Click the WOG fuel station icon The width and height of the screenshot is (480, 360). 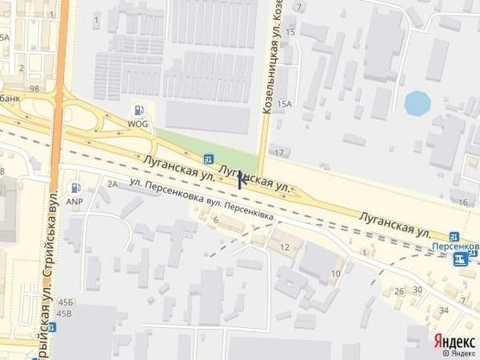pos(138,110)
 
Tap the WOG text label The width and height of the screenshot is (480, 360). pos(138,124)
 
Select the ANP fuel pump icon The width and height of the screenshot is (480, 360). pos(76,187)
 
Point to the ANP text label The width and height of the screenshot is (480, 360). pos(74,202)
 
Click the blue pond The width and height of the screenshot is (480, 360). pos(417,104)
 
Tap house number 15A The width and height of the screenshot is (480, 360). pos(284,104)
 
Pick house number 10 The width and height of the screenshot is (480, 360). pos(335,274)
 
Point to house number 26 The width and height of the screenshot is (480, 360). pos(399,291)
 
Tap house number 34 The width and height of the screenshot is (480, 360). pos(444,310)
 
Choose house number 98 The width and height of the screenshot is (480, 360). pos(34,89)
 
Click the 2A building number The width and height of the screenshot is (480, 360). pos(112,184)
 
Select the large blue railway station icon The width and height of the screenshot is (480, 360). pos(466,260)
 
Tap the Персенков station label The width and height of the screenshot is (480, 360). pos(454,246)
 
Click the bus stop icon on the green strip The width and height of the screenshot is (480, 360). pos(208,158)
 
